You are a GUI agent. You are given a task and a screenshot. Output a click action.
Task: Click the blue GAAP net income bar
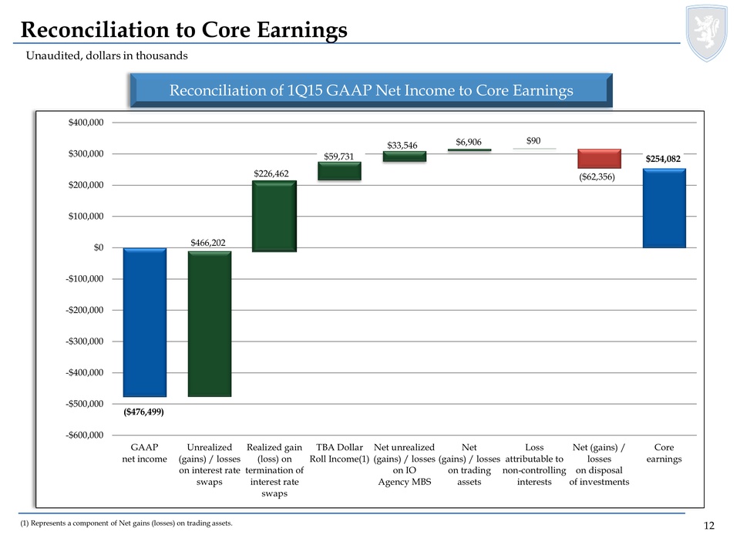tap(145, 322)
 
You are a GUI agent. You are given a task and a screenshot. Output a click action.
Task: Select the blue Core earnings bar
tap(664, 208)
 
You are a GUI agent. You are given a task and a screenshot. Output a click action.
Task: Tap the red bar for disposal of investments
tap(599, 158)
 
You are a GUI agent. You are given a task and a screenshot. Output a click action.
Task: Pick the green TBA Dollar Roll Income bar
tap(339, 171)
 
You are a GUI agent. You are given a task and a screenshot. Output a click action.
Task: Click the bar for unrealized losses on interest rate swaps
tap(210, 324)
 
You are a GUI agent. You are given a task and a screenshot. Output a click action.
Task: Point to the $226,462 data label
tap(271, 173)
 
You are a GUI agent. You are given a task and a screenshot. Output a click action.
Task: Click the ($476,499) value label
tap(144, 412)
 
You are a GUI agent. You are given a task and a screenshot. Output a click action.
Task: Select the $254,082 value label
tap(664, 158)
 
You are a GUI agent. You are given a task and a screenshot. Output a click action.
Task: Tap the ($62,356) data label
tap(599, 177)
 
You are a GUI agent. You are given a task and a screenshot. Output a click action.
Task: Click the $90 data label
tap(533, 141)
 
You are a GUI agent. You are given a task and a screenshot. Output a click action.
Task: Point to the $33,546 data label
tap(403, 144)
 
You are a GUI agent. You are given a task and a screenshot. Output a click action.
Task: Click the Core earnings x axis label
tap(664, 453)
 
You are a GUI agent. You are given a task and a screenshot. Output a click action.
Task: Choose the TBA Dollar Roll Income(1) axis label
tap(339, 453)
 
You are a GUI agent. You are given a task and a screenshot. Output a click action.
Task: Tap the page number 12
tap(709, 526)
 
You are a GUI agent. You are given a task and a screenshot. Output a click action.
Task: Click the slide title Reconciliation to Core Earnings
tap(183, 29)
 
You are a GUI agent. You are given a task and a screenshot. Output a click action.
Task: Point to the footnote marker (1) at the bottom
tap(25, 524)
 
